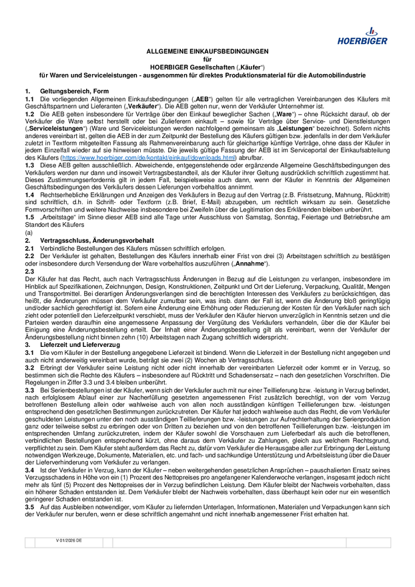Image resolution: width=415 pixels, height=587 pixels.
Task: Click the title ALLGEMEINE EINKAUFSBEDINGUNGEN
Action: click(207, 51)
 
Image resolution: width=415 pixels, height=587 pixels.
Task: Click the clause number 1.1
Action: click(29, 99)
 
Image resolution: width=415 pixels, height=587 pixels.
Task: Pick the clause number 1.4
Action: click(29, 194)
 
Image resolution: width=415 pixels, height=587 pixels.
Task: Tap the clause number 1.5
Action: click(29, 217)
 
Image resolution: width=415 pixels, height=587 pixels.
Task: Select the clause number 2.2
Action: click(29, 255)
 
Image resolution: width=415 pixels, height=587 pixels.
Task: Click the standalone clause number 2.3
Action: click(29, 271)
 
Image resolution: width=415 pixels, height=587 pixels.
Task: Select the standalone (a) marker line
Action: click(29, 232)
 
